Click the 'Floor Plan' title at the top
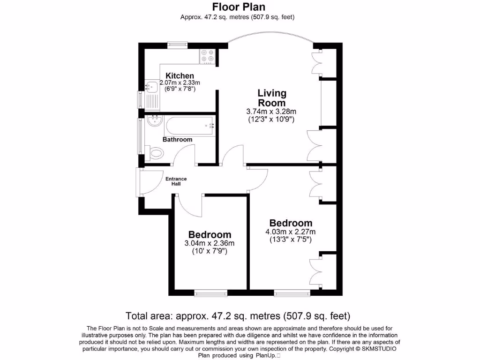239,7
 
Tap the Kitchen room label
180,76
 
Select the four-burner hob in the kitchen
208,56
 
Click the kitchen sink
152,87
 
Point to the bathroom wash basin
154,122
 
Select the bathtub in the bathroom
190,125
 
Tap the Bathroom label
177,140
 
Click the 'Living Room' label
271,98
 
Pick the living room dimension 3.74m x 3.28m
271,112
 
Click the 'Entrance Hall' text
176,181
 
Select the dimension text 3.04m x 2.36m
210,243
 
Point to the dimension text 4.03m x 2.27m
291,232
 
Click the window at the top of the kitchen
178,45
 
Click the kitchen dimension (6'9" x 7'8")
177,89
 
